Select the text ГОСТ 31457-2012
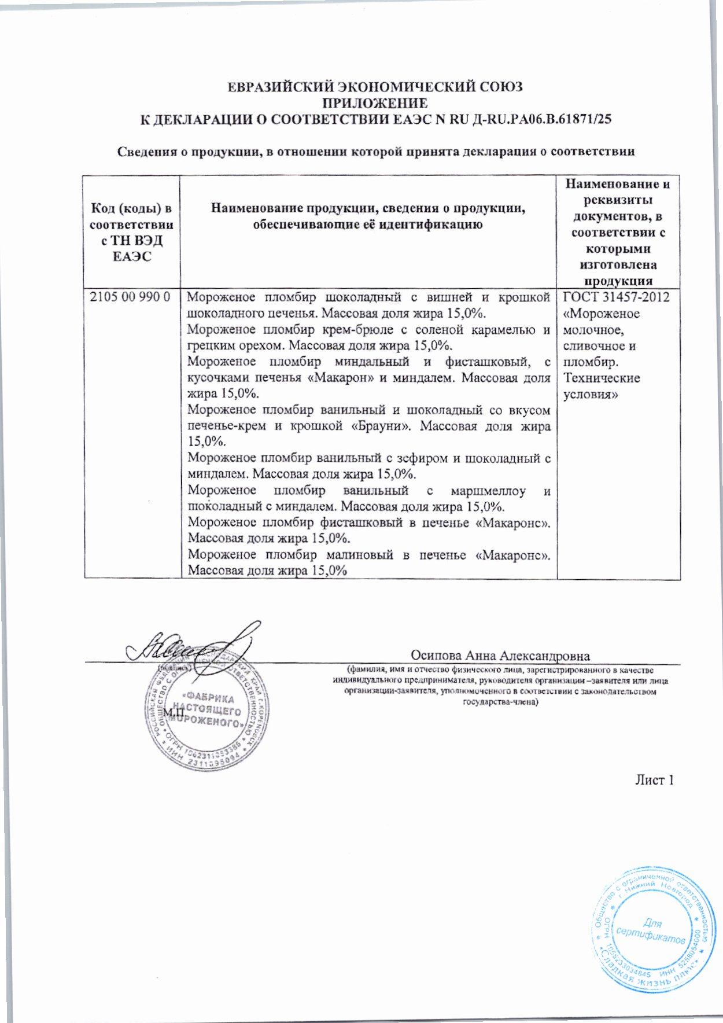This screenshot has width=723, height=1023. tap(617, 298)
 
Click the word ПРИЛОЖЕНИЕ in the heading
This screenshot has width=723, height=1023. tap(375, 104)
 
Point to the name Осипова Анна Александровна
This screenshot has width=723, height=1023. tap(500, 656)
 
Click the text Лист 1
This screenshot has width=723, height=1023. tap(655, 780)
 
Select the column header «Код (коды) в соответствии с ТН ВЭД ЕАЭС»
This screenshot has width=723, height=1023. tap(131, 232)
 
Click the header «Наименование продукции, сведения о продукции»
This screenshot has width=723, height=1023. tap(368, 216)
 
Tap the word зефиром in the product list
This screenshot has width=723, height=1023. tap(423, 459)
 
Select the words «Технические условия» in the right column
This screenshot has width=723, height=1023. tap(602, 387)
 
